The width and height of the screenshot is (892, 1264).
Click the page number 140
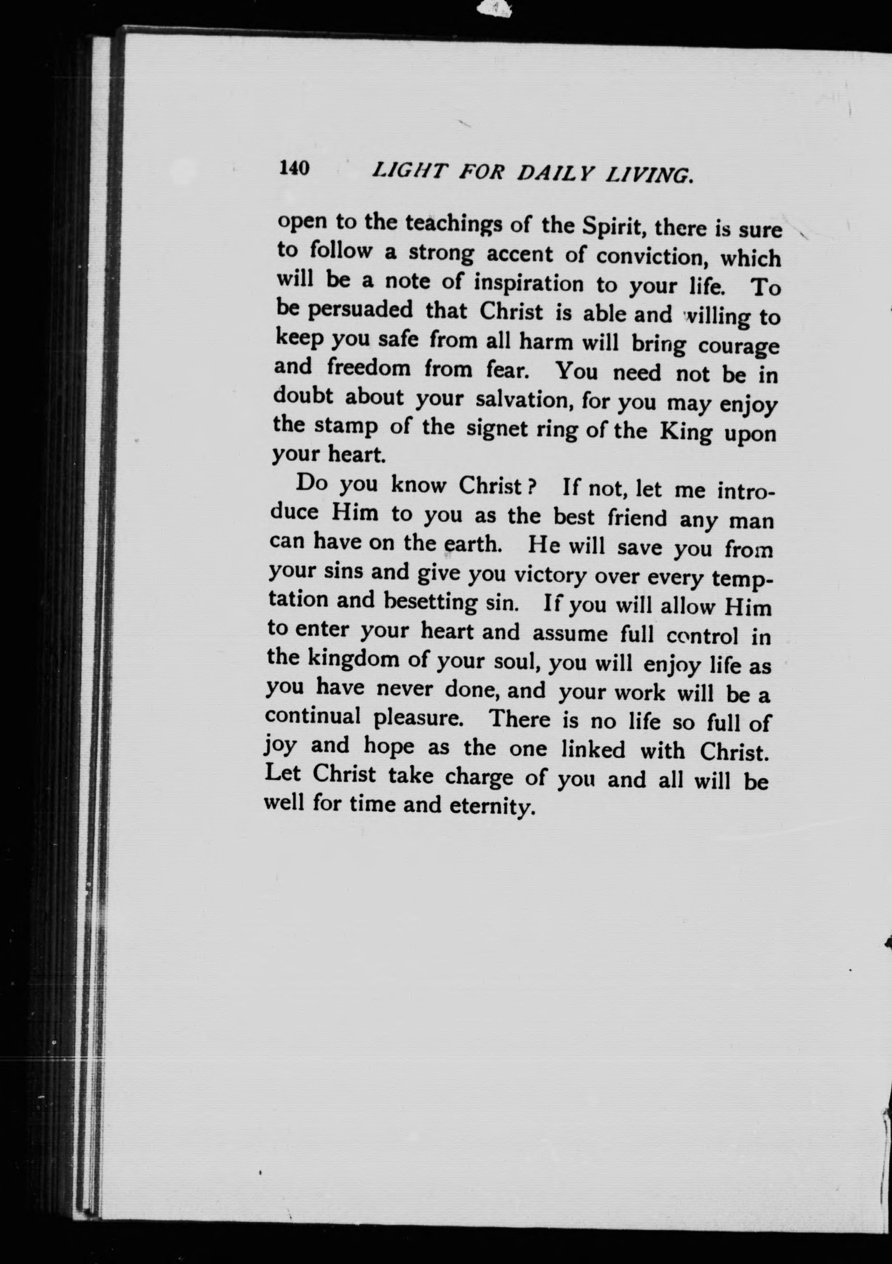(294, 167)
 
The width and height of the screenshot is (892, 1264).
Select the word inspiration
(528, 283)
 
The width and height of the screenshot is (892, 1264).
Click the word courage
(738, 347)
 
